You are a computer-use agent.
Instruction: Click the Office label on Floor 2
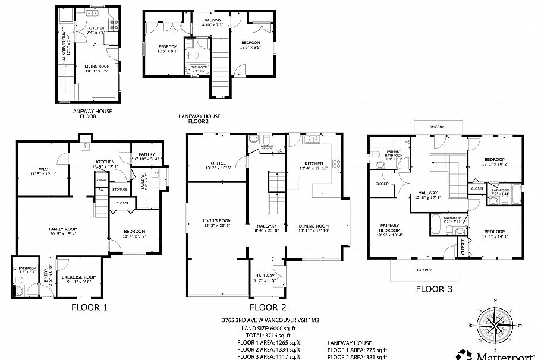click(218, 163)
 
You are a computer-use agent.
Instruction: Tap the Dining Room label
click(313, 226)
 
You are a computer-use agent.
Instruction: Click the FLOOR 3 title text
click(438, 289)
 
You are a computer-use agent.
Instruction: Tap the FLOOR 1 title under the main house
click(89, 307)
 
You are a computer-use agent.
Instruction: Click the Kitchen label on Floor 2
click(314, 163)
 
